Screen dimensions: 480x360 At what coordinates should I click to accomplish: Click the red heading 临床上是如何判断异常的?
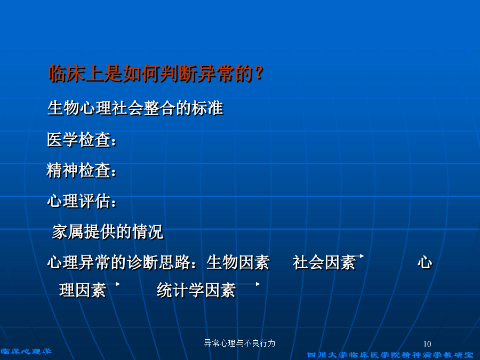(156, 74)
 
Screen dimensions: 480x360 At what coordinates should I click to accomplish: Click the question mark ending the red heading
(259, 74)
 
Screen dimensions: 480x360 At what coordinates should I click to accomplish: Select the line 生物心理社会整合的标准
(135, 108)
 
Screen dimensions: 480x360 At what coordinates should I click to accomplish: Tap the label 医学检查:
(82, 140)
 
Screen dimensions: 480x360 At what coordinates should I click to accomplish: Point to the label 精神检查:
(82, 170)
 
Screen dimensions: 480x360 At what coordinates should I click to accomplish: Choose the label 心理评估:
(82, 201)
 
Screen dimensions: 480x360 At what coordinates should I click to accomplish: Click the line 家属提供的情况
(107, 232)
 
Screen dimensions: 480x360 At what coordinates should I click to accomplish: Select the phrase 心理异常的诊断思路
(118, 262)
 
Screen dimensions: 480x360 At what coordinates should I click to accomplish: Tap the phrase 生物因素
(238, 262)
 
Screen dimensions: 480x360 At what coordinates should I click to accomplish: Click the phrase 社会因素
(324, 262)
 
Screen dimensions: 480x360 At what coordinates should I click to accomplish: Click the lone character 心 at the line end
(425, 262)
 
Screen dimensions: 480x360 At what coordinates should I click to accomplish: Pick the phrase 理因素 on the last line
(83, 290)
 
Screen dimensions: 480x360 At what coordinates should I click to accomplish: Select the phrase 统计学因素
(196, 290)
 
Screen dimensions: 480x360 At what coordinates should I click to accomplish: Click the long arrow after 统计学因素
(246, 284)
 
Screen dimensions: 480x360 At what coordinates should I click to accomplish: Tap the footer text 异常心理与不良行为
(239, 343)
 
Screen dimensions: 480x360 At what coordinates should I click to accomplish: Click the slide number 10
(427, 344)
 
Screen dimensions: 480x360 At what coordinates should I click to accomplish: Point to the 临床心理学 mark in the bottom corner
(26, 351)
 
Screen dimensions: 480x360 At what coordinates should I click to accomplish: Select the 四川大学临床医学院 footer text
(390, 355)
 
